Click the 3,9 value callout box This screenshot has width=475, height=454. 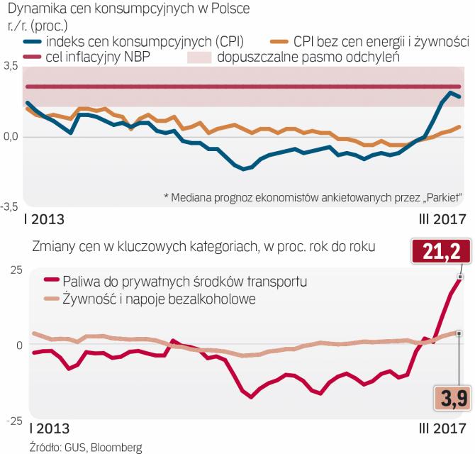pos(452,398)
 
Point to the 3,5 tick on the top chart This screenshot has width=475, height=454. pos(11,65)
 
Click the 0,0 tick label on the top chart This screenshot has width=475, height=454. pos(11,136)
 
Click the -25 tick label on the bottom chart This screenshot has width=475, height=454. pos(12,421)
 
